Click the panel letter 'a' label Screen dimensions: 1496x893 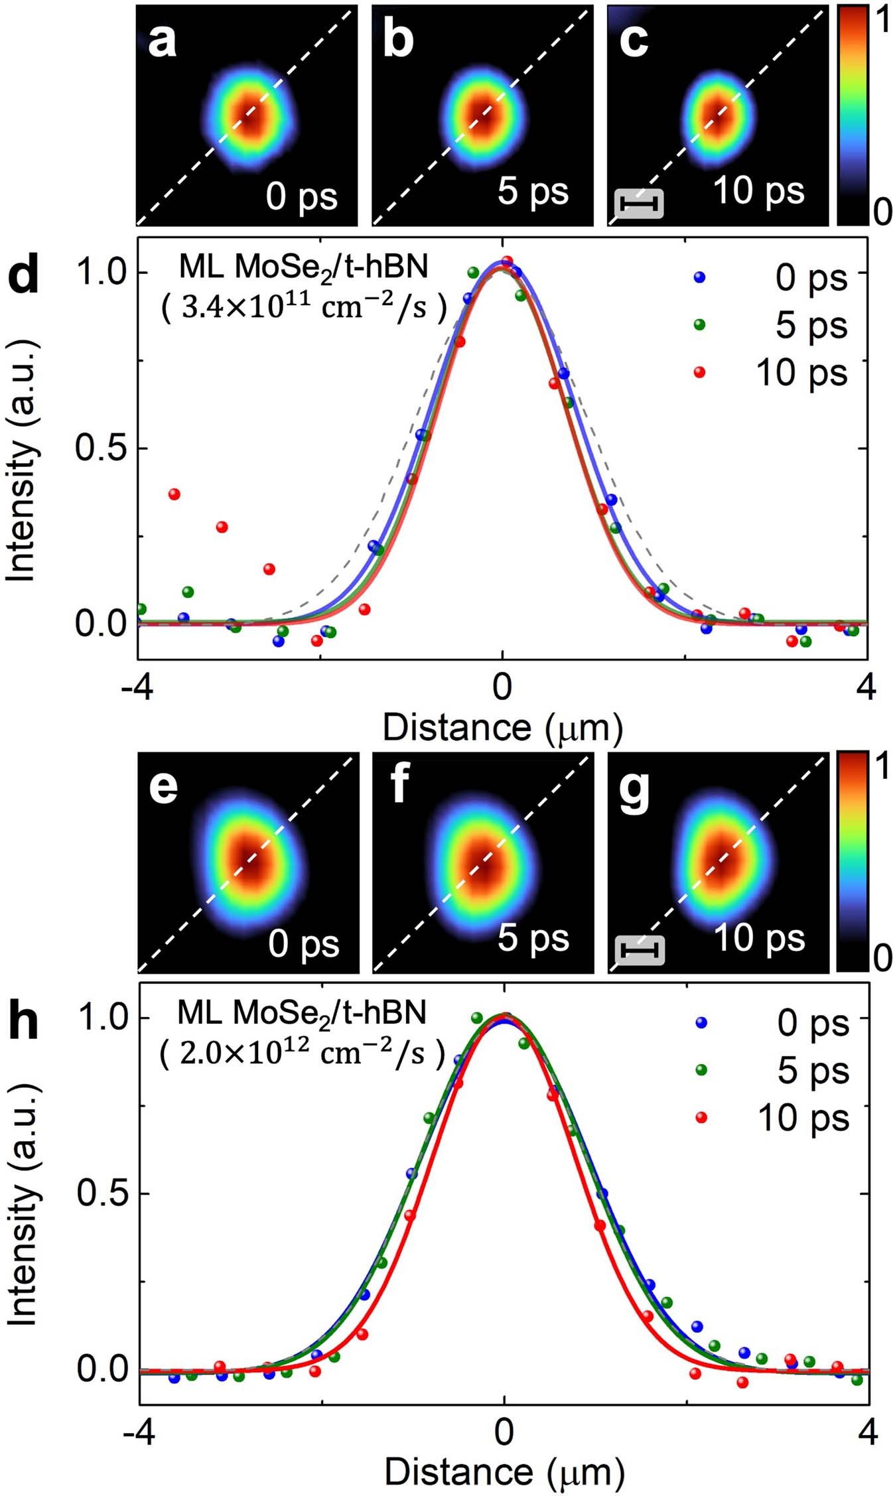pyautogui.click(x=163, y=42)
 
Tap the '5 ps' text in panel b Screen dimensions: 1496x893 pyautogui.click(x=533, y=191)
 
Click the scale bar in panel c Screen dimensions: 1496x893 pyautogui.click(x=640, y=204)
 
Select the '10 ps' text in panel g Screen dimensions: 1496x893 pyautogui.click(x=759, y=938)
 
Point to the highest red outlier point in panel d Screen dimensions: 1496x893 pyautogui.click(x=174, y=494)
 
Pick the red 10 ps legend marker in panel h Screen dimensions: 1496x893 pyautogui.click(x=701, y=1118)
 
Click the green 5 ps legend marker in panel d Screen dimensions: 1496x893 pyautogui.click(x=699, y=324)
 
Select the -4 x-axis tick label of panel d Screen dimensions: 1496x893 pyautogui.click(x=137, y=688)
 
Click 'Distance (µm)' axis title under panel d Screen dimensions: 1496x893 pyautogui.click(x=503, y=728)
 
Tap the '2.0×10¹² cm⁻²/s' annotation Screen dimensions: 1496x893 pyautogui.click(x=303, y=1054)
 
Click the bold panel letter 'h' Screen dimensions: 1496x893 pyautogui.click(x=23, y=1022)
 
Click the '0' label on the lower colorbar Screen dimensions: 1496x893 pyautogui.click(x=882, y=958)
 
